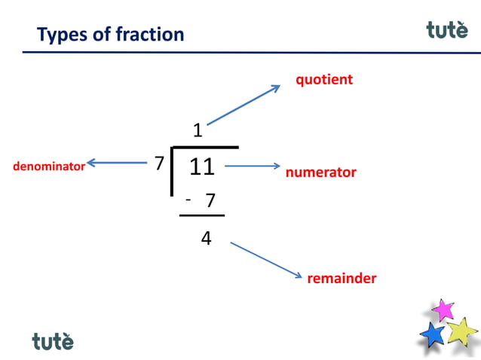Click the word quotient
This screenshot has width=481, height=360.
tap(324, 79)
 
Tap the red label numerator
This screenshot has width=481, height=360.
tap(320, 172)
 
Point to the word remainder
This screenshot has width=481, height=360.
tap(342, 279)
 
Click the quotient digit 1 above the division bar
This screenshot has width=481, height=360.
tap(198, 131)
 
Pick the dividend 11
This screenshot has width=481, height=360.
tap(202, 166)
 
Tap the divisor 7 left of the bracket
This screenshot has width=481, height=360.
tap(159, 163)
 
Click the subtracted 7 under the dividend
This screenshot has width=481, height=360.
tap(210, 201)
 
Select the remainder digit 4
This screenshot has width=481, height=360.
tap(206, 239)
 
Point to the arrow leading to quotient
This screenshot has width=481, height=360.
tap(243, 105)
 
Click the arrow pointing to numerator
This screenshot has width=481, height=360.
tap(253, 166)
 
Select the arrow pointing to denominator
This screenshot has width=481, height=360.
tap(117, 162)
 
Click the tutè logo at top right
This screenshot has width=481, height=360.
tap(446, 29)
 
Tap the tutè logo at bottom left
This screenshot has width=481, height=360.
tap(53, 341)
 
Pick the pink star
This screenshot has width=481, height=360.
tap(443, 310)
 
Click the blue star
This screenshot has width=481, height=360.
tap(433, 334)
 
